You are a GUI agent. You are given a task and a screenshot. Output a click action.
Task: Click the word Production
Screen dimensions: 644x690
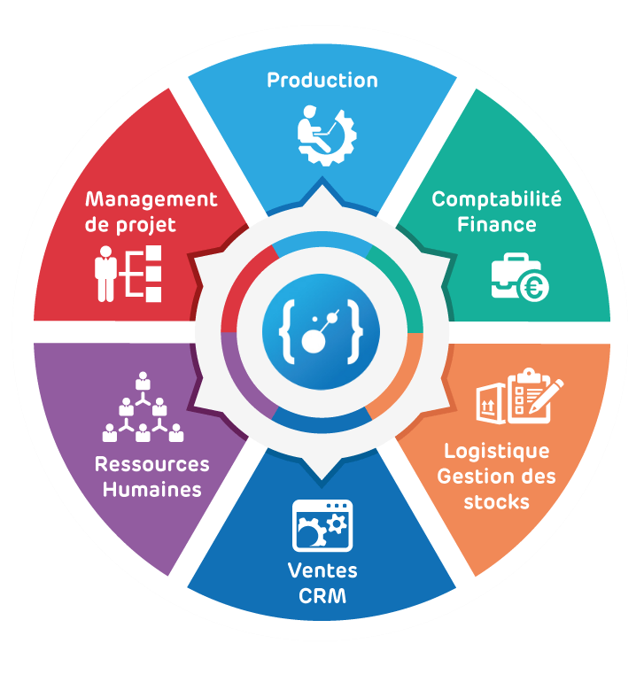click(322, 81)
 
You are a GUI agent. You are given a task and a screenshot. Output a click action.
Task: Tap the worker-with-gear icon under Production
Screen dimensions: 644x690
click(326, 136)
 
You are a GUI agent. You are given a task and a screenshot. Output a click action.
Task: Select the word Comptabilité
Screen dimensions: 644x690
click(497, 199)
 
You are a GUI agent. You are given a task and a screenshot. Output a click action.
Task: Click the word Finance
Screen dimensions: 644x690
click(497, 225)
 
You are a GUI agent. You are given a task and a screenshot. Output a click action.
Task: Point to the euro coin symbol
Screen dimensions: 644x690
click(534, 288)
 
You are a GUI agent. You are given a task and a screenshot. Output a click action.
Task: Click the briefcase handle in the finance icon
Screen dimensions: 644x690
click(516, 259)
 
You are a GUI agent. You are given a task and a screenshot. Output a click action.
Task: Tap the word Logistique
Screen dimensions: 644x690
click(497, 452)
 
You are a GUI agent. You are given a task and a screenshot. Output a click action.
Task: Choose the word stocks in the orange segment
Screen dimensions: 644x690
click(497, 502)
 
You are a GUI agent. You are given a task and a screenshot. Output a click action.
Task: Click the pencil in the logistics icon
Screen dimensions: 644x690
click(547, 395)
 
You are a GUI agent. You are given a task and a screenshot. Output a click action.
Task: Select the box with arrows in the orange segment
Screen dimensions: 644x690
click(491, 404)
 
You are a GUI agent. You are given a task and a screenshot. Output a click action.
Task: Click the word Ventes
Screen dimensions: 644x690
click(322, 570)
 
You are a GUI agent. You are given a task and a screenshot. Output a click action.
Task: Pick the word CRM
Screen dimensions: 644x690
click(322, 596)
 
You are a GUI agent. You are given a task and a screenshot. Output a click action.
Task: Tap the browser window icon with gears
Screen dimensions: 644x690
click(322, 525)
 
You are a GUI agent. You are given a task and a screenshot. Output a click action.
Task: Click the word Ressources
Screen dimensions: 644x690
click(151, 464)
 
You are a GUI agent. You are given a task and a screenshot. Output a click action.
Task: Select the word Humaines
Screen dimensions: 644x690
click(151, 490)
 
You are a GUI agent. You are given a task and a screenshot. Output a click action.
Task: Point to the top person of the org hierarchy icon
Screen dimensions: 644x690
click(143, 381)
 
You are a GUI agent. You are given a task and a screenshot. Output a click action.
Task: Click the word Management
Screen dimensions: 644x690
click(151, 200)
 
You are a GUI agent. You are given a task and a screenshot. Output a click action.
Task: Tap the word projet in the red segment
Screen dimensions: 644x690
click(145, 226)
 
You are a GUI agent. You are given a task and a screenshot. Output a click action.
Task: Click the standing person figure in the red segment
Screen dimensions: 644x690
click(105, 274)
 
